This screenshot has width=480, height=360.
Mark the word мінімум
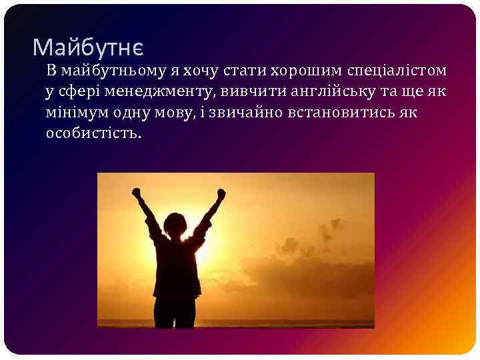(x=73, y=112)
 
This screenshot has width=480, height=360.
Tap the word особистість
(x=93, y=133)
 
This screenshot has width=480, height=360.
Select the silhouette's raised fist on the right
(x=221, y=194)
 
